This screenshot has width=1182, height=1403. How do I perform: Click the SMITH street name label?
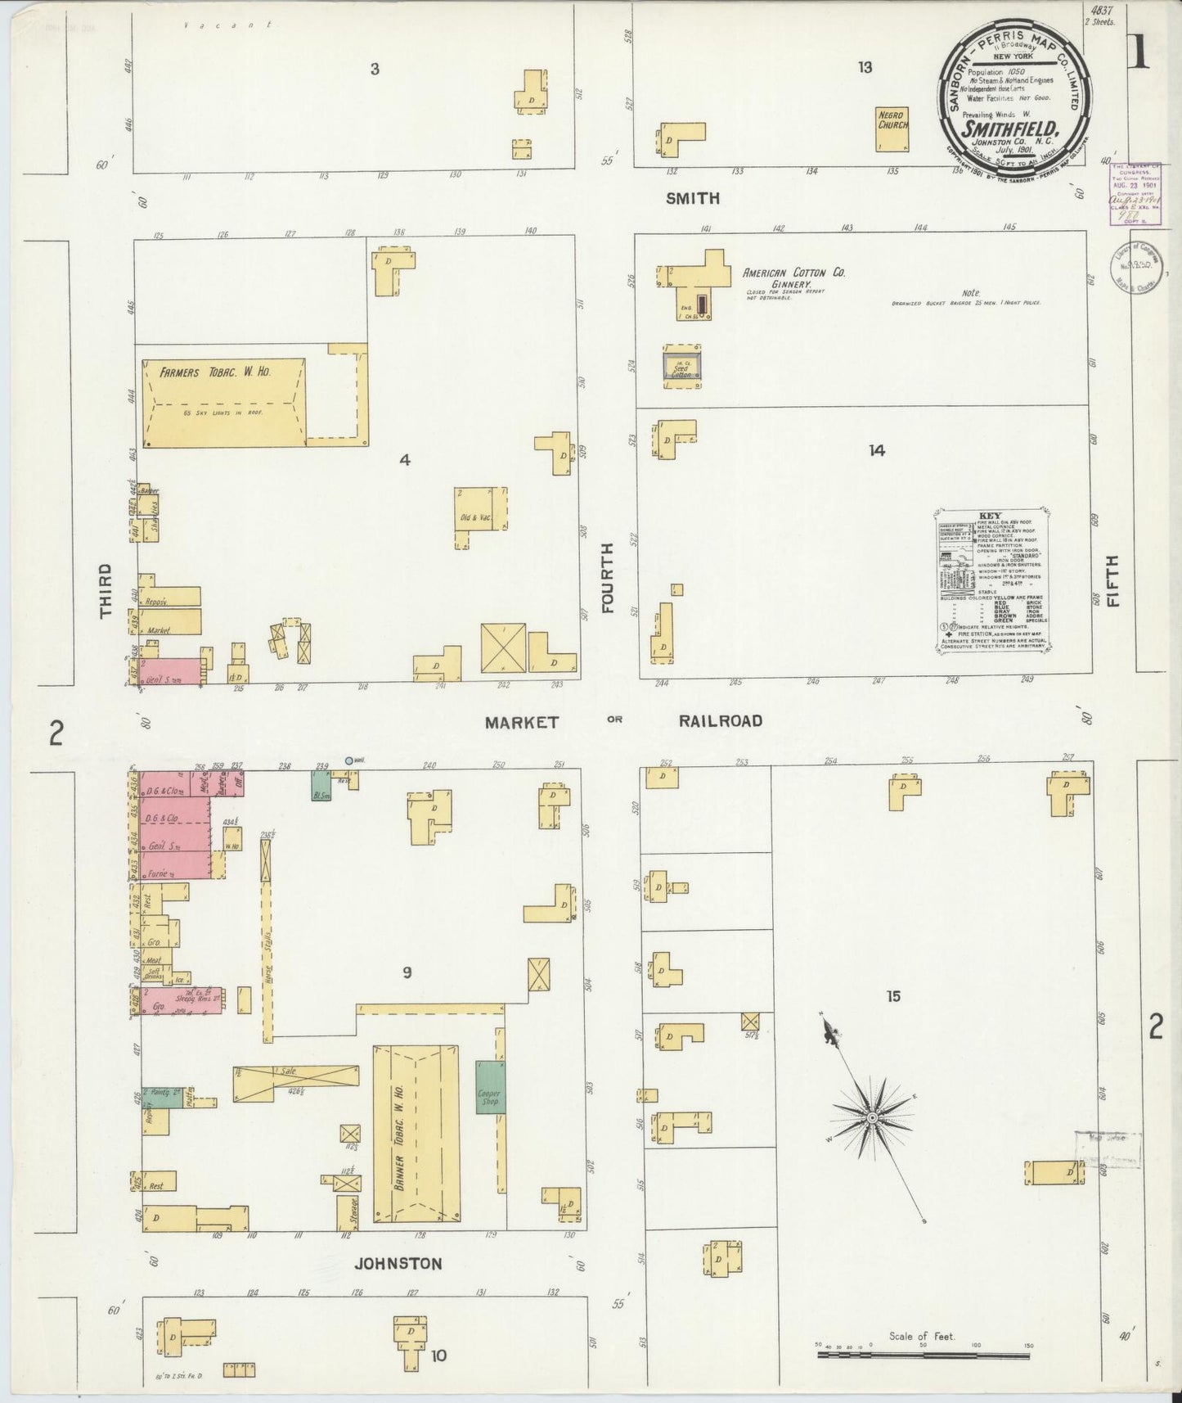click(x=692, y=198)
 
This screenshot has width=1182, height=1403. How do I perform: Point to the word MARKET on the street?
click(x=521, y=722)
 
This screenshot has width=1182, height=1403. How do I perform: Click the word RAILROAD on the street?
click(x=720, y=721)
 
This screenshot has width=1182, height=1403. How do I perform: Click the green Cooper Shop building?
click(x=491, y=1087)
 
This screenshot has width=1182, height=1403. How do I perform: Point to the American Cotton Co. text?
click(x=793, y=273)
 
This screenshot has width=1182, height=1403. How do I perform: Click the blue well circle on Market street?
click(x=348, y=760)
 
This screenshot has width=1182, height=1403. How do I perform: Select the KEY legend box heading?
click(x=990, y=517)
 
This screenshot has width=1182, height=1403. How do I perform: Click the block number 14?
click(x=877, y=450)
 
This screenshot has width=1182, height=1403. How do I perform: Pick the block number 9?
click(x=406, y=972)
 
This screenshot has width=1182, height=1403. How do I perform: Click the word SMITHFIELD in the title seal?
click(x=1010, y=129)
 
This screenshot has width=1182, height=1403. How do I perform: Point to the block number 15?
click(x=892, y=996)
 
